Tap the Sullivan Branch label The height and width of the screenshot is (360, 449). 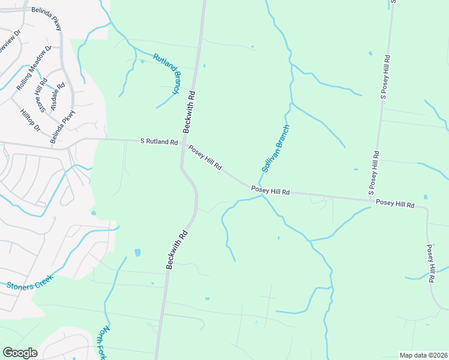pos(276,149)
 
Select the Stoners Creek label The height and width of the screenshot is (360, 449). pos(29,282)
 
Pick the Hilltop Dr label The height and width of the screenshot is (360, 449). pos(29,121)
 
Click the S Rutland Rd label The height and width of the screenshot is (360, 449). pos(159,142)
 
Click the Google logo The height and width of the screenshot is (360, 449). pos(20,353)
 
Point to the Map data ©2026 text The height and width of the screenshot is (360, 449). pos(423,355)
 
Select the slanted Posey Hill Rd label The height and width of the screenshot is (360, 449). pos(205,157)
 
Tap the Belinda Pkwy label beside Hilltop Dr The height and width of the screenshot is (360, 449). pos(63,127)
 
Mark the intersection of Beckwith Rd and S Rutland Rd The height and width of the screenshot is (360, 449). pos(182,143)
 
